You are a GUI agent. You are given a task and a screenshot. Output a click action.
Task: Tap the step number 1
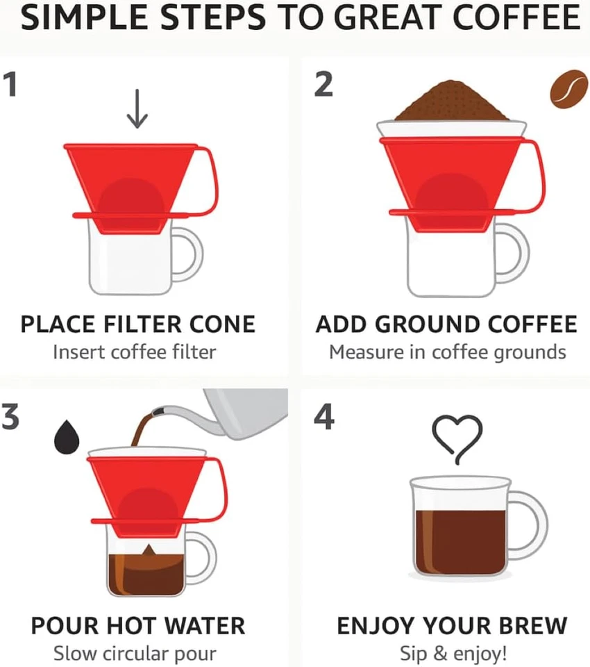click(x=12, y=85)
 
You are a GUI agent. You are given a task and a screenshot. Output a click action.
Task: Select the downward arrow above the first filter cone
click(x=137, y=110)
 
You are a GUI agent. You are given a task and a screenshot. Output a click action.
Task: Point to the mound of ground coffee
click(x=451, y=102)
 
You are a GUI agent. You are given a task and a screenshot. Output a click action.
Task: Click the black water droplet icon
click(x=67, y=436)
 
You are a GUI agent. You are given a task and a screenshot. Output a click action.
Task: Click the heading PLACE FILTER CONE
click(x=138, y=324)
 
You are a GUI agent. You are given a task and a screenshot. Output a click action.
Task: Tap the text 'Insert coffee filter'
click(x=134, y=352)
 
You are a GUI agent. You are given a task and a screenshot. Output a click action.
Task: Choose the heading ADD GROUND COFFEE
click(x=446, y=324)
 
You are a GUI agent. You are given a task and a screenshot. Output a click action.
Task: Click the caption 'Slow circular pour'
click(x=135, y=654)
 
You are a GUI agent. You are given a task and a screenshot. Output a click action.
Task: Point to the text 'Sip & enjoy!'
click(x=453, y=654)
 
